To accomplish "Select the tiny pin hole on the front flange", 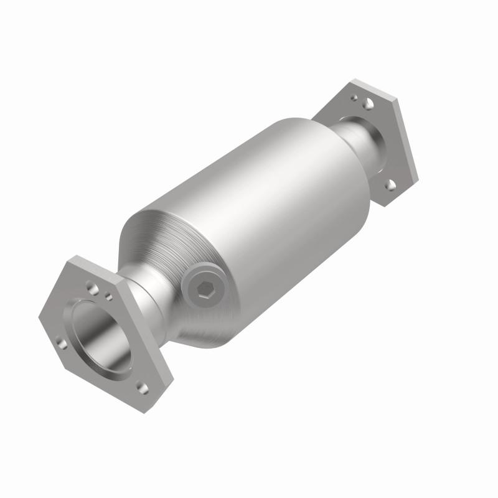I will tap(109, 297).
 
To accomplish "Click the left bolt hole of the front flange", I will tap(60, 342).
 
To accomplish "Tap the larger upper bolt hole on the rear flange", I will tap(369, 104).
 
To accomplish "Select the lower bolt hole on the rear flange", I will tap(390, 184).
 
